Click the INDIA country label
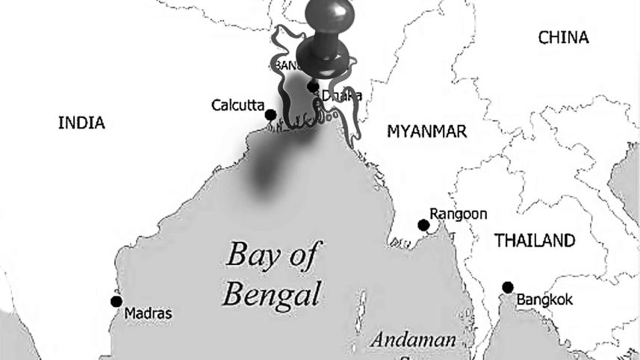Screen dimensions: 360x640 pos(81,123)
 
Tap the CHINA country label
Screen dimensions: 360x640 pos(563,37)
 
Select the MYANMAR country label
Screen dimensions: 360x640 pos(426,132)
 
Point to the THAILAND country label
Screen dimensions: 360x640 pos(535,240)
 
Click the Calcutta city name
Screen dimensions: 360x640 pos(237,105)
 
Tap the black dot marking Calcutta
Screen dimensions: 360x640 pos(270,115)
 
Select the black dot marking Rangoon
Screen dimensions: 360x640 pos(423,225)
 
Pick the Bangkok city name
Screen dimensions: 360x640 pos(544,300)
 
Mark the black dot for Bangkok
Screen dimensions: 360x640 pos(508,288)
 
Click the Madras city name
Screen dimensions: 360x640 pos(148,313)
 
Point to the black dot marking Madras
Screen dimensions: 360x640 pos(116,301)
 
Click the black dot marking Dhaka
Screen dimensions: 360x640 pos(313,87)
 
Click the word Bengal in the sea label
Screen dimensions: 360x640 pos(272,293)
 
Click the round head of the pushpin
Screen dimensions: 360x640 pos(323,54)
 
